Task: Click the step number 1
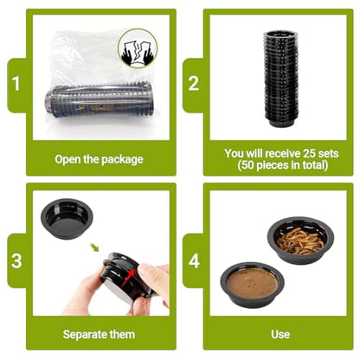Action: (16, 83)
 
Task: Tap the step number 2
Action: (194, 83)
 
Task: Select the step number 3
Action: (16, 260)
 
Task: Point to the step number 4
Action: (194, 260)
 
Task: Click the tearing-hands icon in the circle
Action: (138, 48)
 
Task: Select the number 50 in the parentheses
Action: (247, 165)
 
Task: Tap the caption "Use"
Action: (280, 334)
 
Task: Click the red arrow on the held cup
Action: (128, 278)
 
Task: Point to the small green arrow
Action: (94, 247)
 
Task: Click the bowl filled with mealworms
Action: (300, 240)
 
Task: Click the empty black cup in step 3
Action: (67, 218)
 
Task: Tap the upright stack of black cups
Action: (280, 79)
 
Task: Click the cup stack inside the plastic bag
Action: (99, 100)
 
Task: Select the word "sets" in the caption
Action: (329, 153)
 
